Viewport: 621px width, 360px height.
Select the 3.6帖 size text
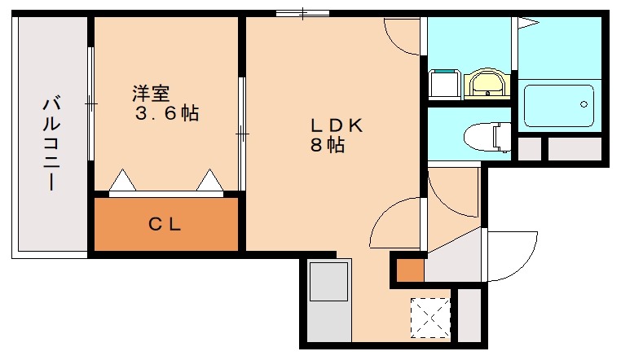pyautogui.click(x=167, y=113)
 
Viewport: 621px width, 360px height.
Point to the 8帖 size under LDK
pyautogui.click(x=326, y=147)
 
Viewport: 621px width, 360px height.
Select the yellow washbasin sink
pyautogui.click(x=487, y=84)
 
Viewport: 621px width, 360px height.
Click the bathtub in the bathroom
pyautogui.click(x=559, y=104)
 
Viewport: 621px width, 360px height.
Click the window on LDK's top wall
pyautogui.click(x=302, y=13)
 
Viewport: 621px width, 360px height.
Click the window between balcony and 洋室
pyautogui.click(x=90, y=104)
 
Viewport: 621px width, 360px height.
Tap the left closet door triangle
pyautogui.click(x=122, y=181)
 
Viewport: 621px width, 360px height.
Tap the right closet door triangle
pyautogui.click(x=209, y=181)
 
